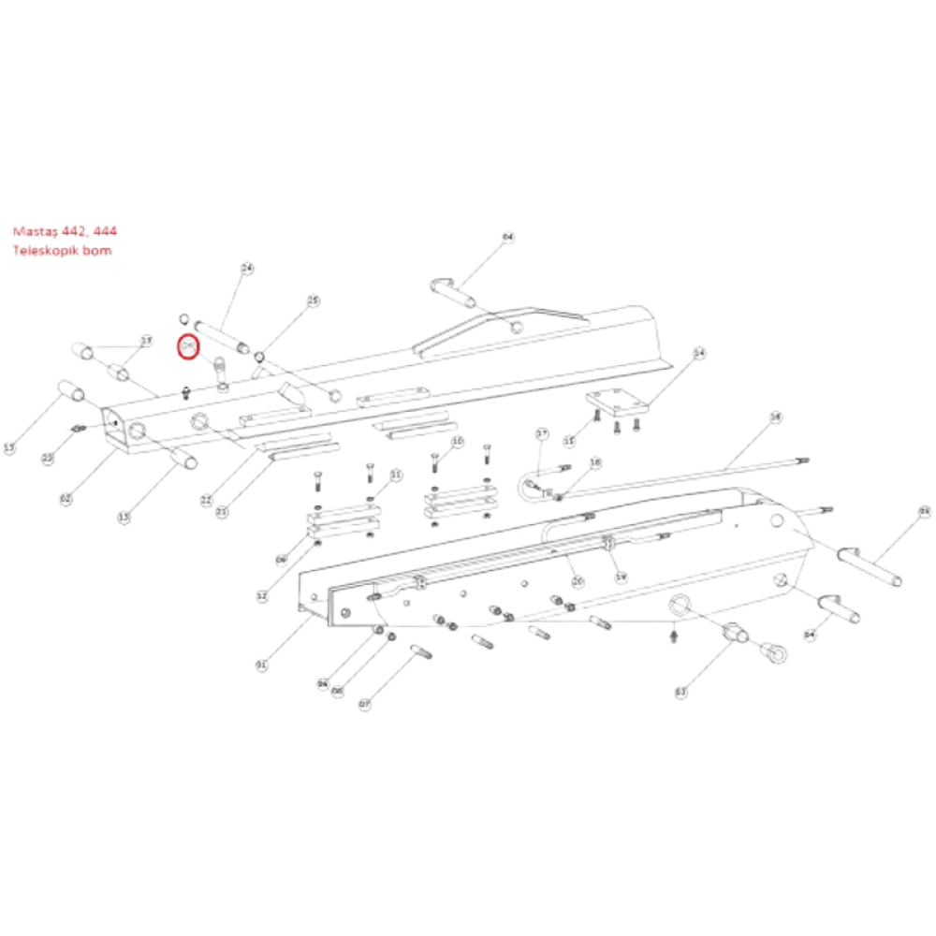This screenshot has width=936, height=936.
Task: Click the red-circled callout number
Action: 187,347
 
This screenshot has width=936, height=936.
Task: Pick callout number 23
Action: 222,512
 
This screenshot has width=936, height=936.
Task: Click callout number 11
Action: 395,476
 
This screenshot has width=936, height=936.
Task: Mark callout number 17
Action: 542,433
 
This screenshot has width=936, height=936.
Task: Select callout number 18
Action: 596,463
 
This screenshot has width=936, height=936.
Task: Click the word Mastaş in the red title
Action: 33,231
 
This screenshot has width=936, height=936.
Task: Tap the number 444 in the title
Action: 107,231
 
